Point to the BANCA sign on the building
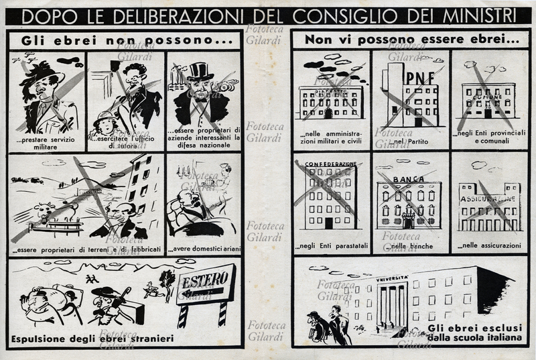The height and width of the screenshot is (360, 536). (x=409, y=180)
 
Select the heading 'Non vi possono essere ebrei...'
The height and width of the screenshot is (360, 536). (x=411, y=40)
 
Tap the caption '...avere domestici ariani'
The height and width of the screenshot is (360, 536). (x=203, y=249)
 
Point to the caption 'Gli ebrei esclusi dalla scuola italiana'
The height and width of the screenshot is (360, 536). (x=470, y=333)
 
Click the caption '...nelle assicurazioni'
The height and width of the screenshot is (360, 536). (x=489, y=245)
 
